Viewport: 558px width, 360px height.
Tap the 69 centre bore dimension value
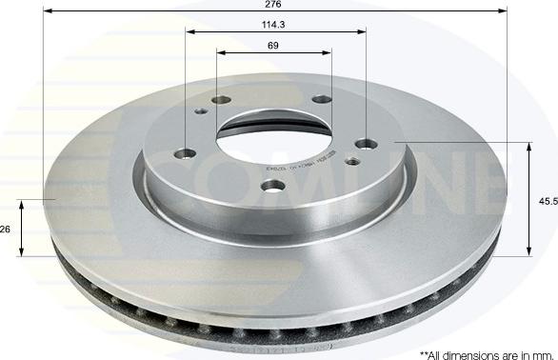pyautogui.click(x=274, y=45)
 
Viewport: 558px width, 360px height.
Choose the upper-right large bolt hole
pyautogui.click(x=323, y=100)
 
